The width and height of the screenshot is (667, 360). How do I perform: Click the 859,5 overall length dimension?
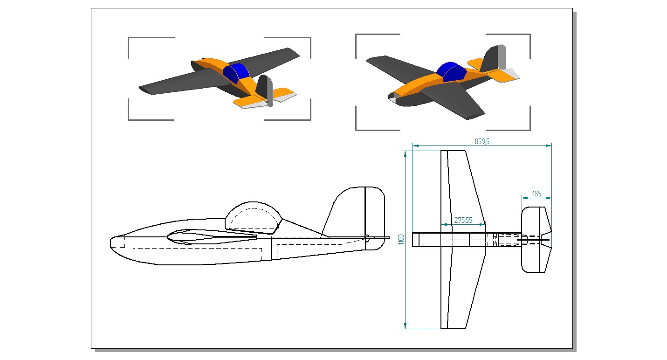click(x=482, y=142)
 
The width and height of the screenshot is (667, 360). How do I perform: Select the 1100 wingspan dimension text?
click(x=401, y=239)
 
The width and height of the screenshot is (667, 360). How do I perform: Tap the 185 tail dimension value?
click(x=536, y=194)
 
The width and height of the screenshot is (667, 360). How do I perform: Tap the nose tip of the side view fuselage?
click(x=111, y=242)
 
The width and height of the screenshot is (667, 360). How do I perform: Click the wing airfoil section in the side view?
click(x=210, y=236)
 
